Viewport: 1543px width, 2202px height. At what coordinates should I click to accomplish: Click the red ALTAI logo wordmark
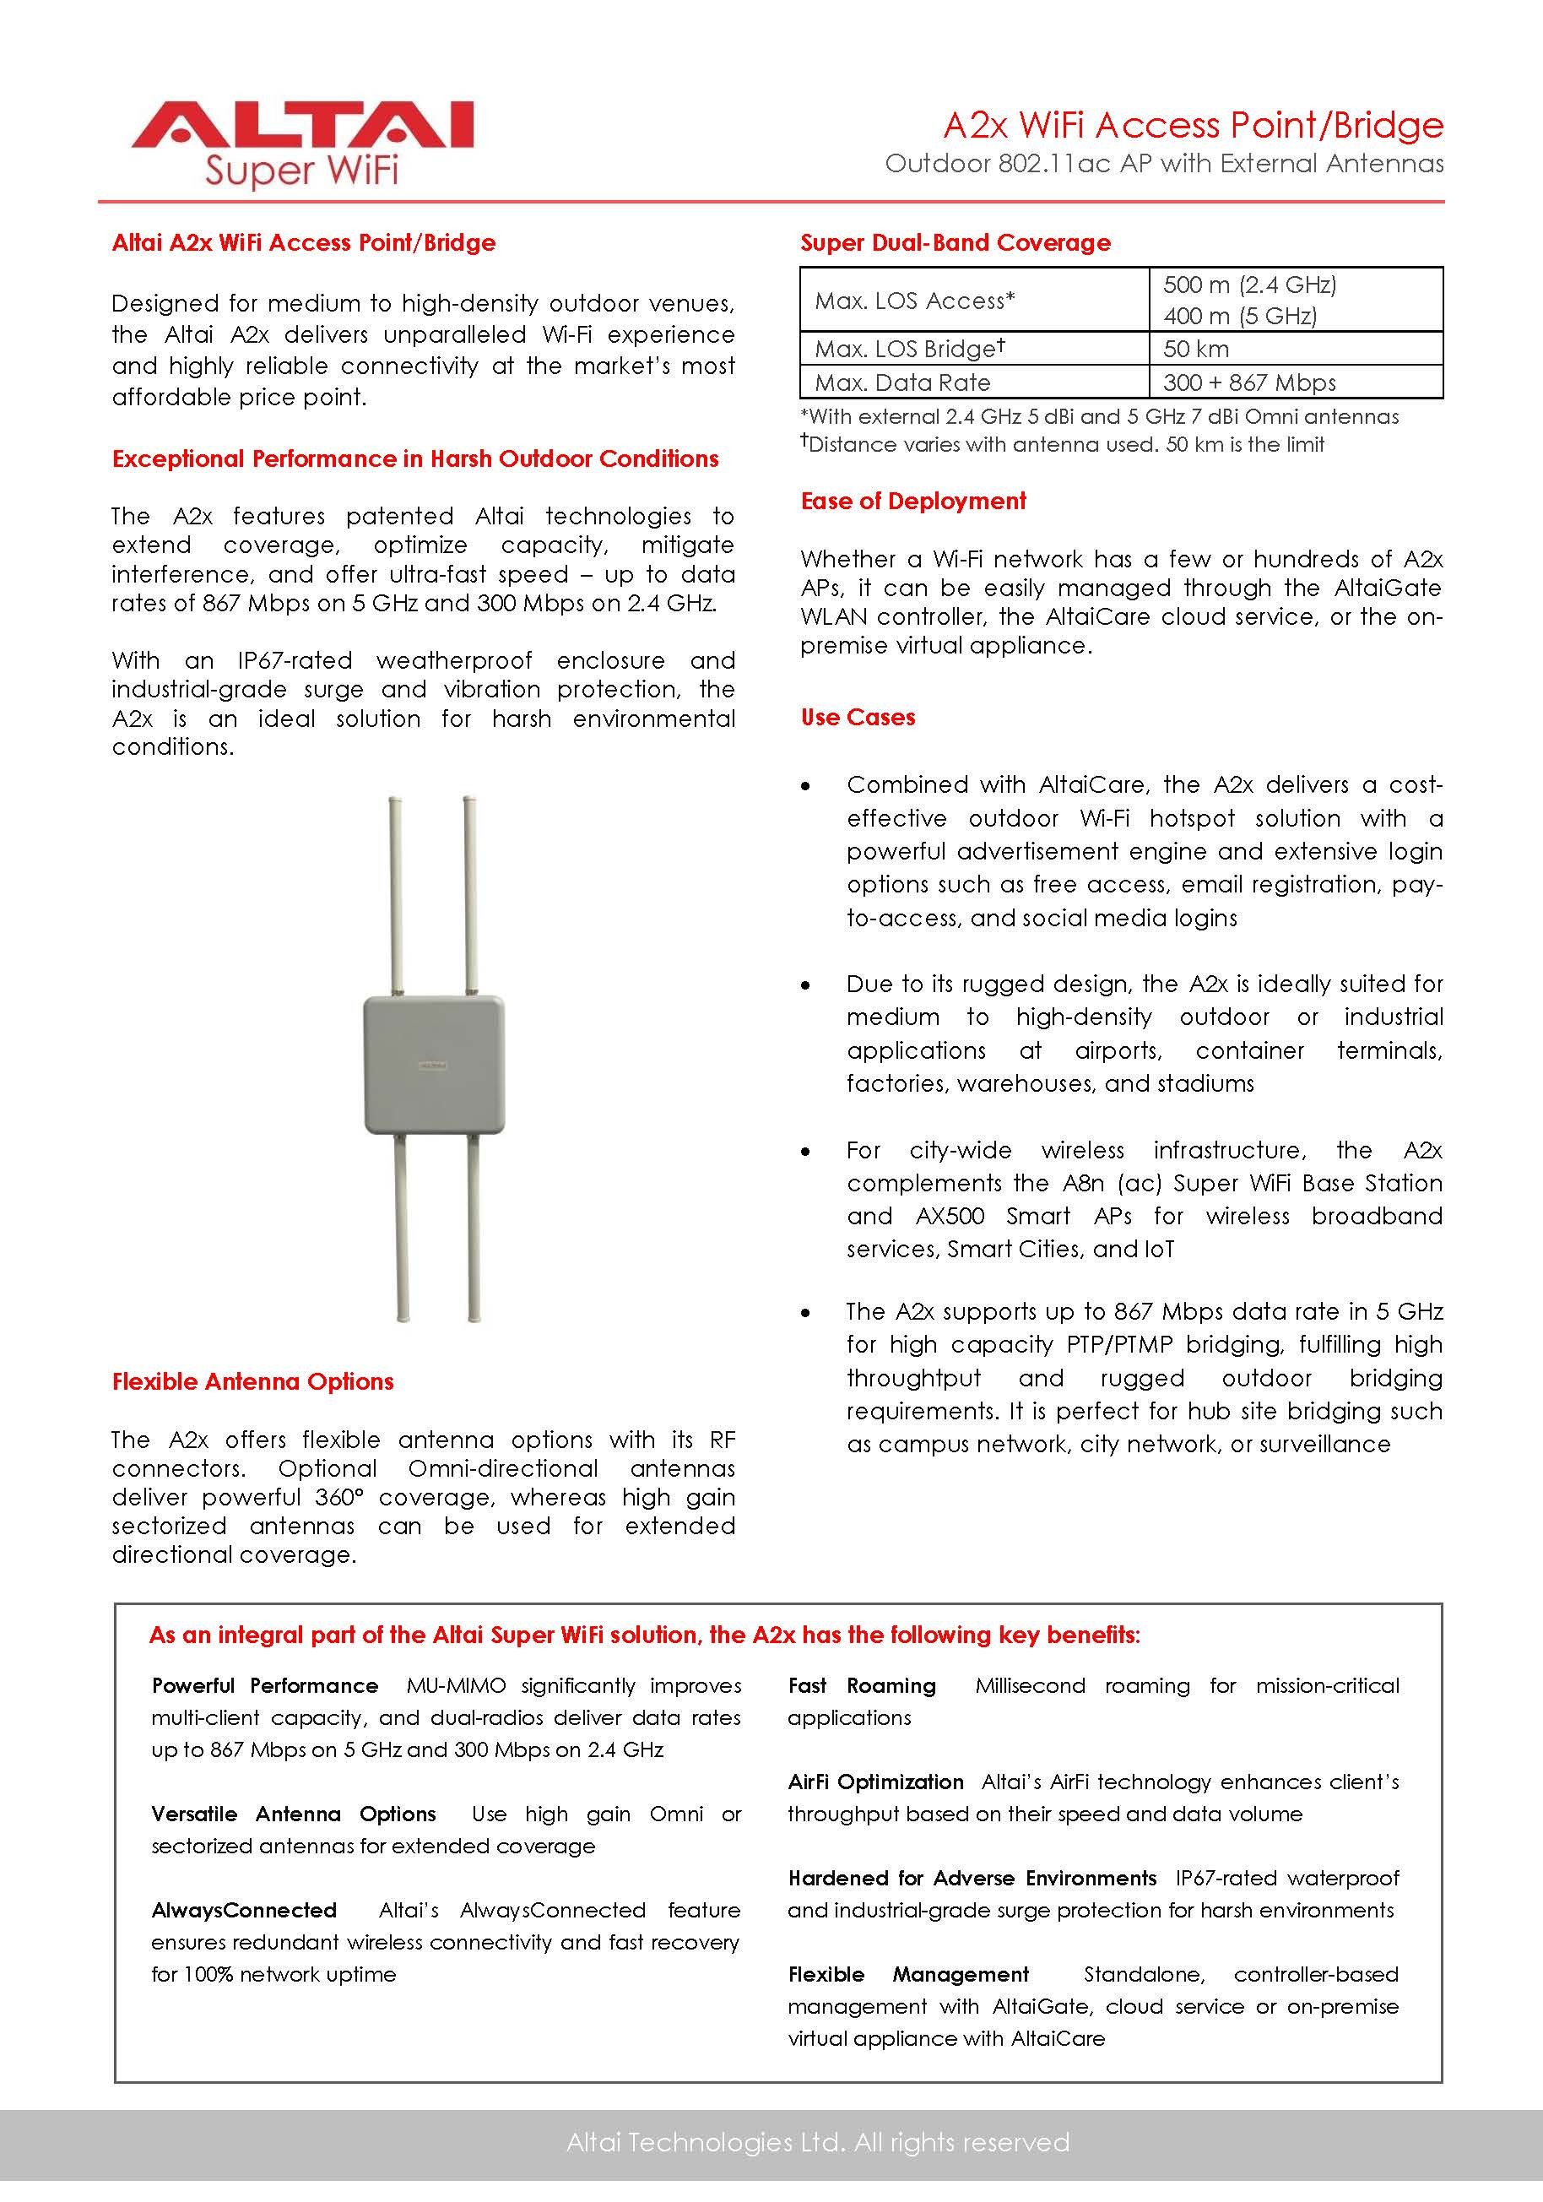click(302, 125)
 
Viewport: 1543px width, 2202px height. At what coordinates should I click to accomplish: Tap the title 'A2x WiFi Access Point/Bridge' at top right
click(1192, 126)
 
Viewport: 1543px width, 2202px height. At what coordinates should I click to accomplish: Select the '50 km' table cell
click(1196, 349)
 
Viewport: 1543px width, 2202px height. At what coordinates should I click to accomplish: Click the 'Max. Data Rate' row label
click(901, 382)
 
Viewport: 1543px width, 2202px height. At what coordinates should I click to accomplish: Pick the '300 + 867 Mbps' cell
click(1248, 382)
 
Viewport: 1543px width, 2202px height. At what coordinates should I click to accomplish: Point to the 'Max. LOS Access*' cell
click(914, 301)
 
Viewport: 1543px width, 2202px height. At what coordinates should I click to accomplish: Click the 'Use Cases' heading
click(858, 718)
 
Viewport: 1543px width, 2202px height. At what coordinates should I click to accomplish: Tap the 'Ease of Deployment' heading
click(913, 501)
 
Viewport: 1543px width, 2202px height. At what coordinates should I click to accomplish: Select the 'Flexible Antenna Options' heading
click(252, 1381)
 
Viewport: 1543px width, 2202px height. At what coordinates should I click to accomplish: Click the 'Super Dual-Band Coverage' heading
click(956, 242)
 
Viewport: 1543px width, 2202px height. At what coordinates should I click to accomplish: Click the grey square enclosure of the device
click(434, 1065)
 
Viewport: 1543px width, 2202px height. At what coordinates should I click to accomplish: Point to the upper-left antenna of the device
click(395, 892)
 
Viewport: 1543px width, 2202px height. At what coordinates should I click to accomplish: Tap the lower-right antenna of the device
click(474, 1228)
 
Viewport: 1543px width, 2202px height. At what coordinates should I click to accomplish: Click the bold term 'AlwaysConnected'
click(244, 1910)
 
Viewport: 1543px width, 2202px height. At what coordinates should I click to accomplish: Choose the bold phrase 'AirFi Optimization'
click(874, 1781)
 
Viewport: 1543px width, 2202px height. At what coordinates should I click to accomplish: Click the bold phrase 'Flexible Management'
click(907, 1974)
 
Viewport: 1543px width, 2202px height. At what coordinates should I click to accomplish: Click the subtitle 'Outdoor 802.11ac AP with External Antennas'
click(1163, 164)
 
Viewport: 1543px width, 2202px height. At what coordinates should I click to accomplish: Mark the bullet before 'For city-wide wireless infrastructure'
click(805, 1152)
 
